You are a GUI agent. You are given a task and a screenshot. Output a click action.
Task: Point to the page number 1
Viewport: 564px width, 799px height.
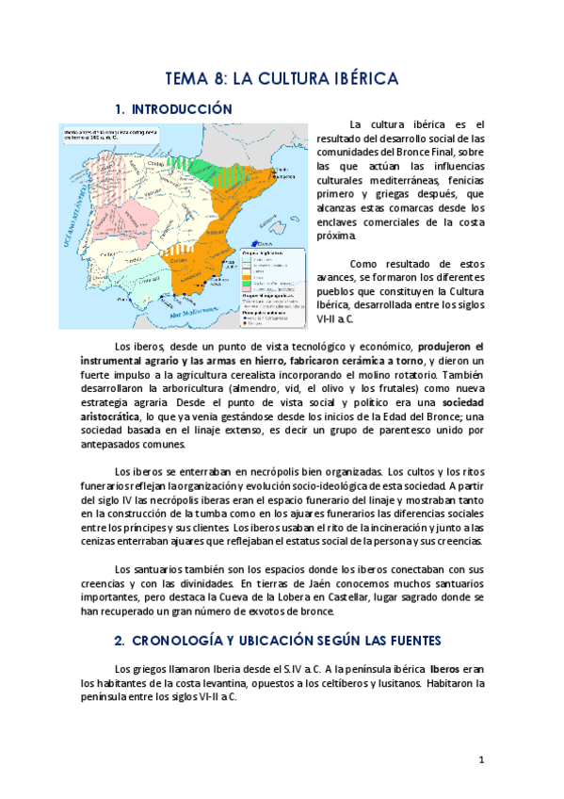pyautogui.click(x=481, y=759)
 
